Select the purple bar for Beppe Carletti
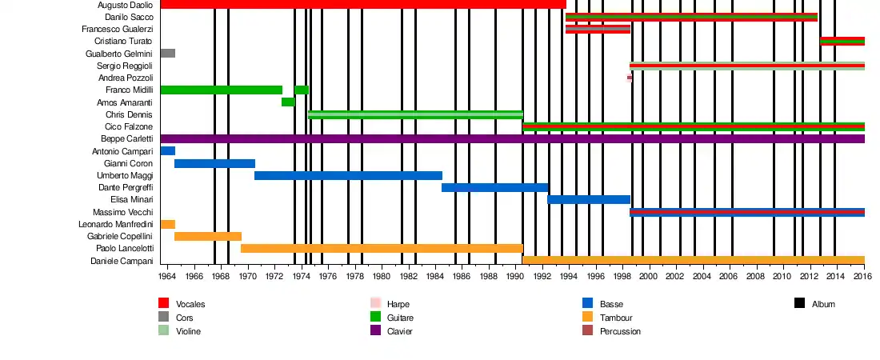point(512,139)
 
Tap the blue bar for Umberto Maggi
point(348,176)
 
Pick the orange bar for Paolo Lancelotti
point(382,249)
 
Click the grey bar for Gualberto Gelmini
point(167,54)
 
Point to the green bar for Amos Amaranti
point(288,102)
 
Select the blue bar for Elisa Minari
point(589,200)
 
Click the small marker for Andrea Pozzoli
point(630,78)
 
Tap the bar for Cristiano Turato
point(842,42)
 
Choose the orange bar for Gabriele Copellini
point(208,237)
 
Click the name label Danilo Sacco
point(129,17)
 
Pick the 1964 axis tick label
point(167,276)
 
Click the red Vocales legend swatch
point(164,303)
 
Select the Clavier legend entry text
point(399,331)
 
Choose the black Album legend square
point(800,303)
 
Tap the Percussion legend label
point(620,331)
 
